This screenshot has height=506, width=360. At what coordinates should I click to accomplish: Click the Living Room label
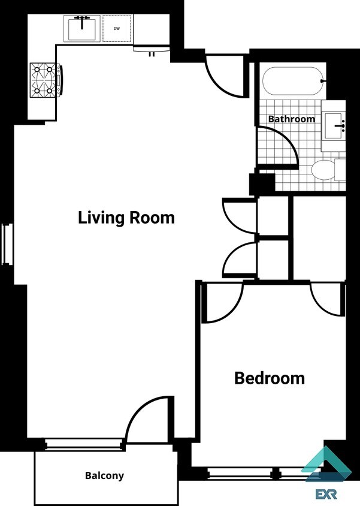point(126,217)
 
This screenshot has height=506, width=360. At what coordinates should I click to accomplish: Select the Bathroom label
point(291,119)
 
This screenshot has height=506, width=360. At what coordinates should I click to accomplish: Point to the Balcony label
point(104,475)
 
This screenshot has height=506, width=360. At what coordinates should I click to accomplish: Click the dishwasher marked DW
point(116,28)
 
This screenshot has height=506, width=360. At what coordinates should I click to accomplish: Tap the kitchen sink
point(82,28)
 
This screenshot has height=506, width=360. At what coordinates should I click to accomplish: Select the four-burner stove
point(46,80)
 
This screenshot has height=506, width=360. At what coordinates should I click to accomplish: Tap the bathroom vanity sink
point(334,126)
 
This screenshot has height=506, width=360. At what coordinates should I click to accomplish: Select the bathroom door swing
point(282,149)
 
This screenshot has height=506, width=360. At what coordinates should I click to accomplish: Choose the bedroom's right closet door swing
point(326,300)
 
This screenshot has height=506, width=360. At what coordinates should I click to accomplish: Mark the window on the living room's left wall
point(7,243)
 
